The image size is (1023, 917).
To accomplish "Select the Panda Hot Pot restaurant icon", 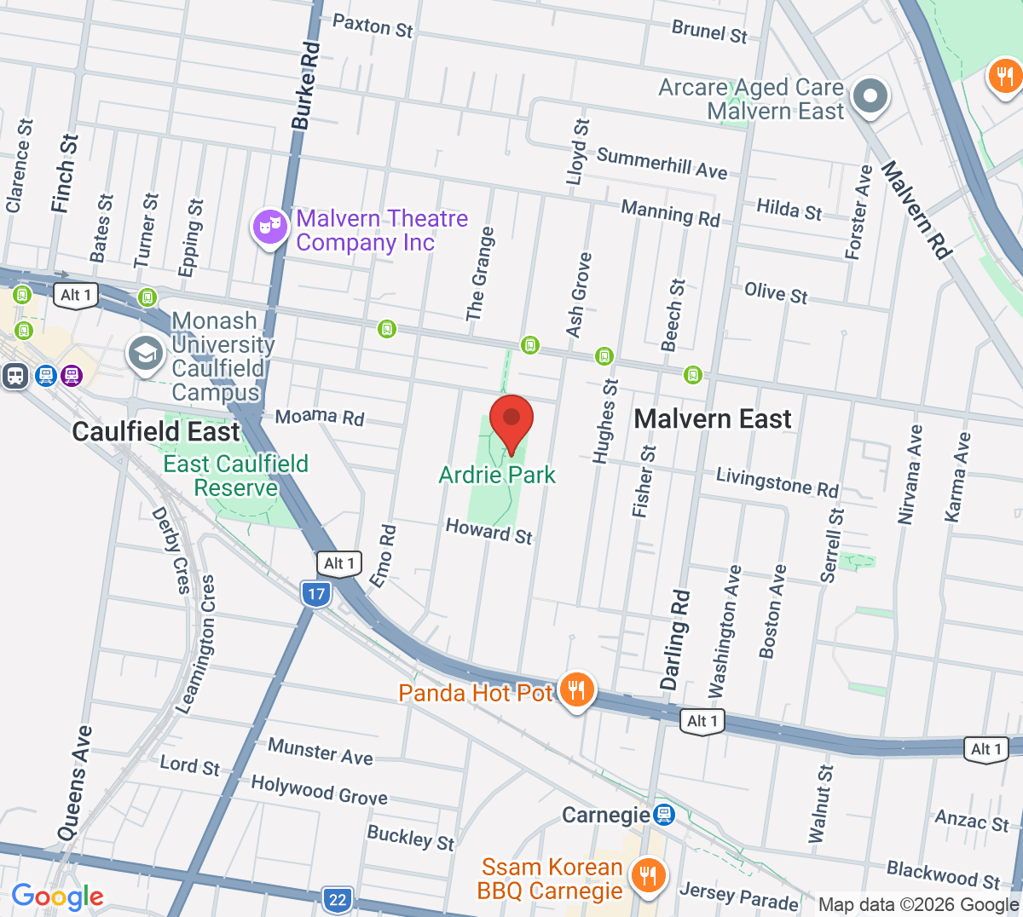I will click(x=577, y=689).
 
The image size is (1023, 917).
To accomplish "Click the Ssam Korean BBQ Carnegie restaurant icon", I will click(x=648, y=875).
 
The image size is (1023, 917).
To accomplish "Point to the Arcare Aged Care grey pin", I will click(x=870, y=95).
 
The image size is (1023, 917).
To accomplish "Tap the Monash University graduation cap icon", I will click(x=145, y=354).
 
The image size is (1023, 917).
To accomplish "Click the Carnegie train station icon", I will click(x=663, y=816).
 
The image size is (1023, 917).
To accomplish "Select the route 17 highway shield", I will click(x=316, y=594).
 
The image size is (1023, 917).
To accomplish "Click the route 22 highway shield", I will click(x=338, y=899).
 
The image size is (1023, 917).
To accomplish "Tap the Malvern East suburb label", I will click(x=713, y=418).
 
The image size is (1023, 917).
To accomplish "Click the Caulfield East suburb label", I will click(x=156, y=431).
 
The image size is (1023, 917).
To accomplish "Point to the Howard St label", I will click(x=488, y=531).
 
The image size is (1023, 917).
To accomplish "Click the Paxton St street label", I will click(x=373, y=26).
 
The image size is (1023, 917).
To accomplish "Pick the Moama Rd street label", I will click(x=320, y=417).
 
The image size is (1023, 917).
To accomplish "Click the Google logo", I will click(x=57, y=897).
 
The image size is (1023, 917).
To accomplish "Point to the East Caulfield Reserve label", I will click(x=236, y=476).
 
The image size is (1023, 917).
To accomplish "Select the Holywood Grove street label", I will click(x=319, y=789).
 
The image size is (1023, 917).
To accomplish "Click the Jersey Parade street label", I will click(x=739, y=897).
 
